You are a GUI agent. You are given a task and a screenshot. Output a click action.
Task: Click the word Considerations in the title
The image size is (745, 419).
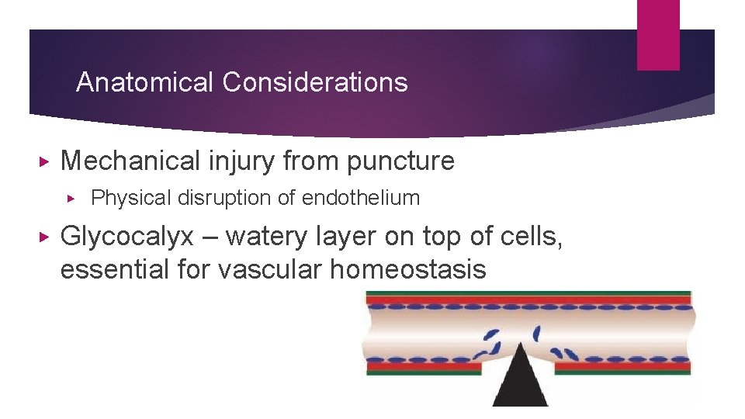pos(314,82)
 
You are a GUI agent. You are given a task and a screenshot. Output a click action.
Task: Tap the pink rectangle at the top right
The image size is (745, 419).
pos(657,35)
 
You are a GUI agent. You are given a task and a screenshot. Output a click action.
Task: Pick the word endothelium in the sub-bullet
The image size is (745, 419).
pos(361,199)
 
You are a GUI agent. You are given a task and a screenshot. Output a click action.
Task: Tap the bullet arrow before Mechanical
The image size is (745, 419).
pos(44,162)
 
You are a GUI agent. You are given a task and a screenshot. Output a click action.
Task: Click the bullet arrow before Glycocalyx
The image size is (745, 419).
pos(44,236)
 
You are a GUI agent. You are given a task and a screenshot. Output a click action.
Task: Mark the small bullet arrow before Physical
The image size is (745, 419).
pos(72,199)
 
